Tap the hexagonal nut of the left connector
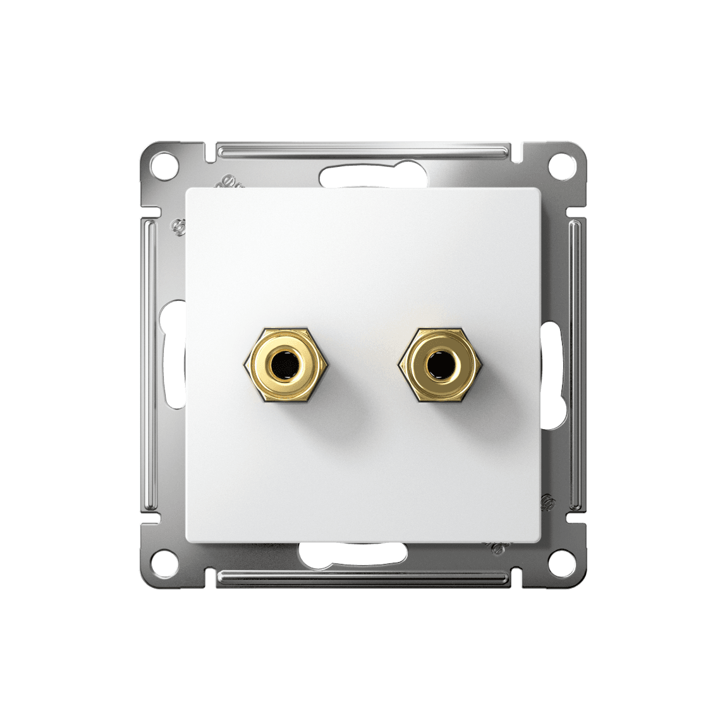point(252,365)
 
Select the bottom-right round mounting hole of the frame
point(563,561)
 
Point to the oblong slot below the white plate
point(354,554)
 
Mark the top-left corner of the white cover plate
point(187,190)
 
